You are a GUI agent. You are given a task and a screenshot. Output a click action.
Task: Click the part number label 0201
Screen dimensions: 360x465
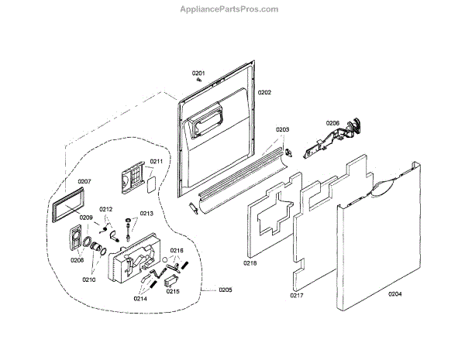198,73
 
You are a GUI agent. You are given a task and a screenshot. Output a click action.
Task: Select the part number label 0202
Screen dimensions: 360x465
264,93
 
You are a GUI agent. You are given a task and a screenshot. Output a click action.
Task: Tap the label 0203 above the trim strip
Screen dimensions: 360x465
282,129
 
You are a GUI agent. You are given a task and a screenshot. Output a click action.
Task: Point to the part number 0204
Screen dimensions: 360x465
394,293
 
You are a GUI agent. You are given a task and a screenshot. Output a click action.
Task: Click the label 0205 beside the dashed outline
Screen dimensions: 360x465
226,290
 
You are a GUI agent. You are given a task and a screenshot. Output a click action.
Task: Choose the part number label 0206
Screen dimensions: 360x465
332,123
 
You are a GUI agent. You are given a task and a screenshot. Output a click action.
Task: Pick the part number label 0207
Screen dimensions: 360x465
84,181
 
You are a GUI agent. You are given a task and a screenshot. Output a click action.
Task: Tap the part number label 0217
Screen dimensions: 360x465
298,296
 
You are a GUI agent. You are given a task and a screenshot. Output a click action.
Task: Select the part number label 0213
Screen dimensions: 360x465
146,214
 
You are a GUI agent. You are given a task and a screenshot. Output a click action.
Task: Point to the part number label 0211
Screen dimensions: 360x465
156,162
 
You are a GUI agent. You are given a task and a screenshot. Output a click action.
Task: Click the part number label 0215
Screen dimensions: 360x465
173,292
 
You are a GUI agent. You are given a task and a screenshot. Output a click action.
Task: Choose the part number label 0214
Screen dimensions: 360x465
140,298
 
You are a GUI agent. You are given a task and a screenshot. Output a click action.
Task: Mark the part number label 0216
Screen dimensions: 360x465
177,251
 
